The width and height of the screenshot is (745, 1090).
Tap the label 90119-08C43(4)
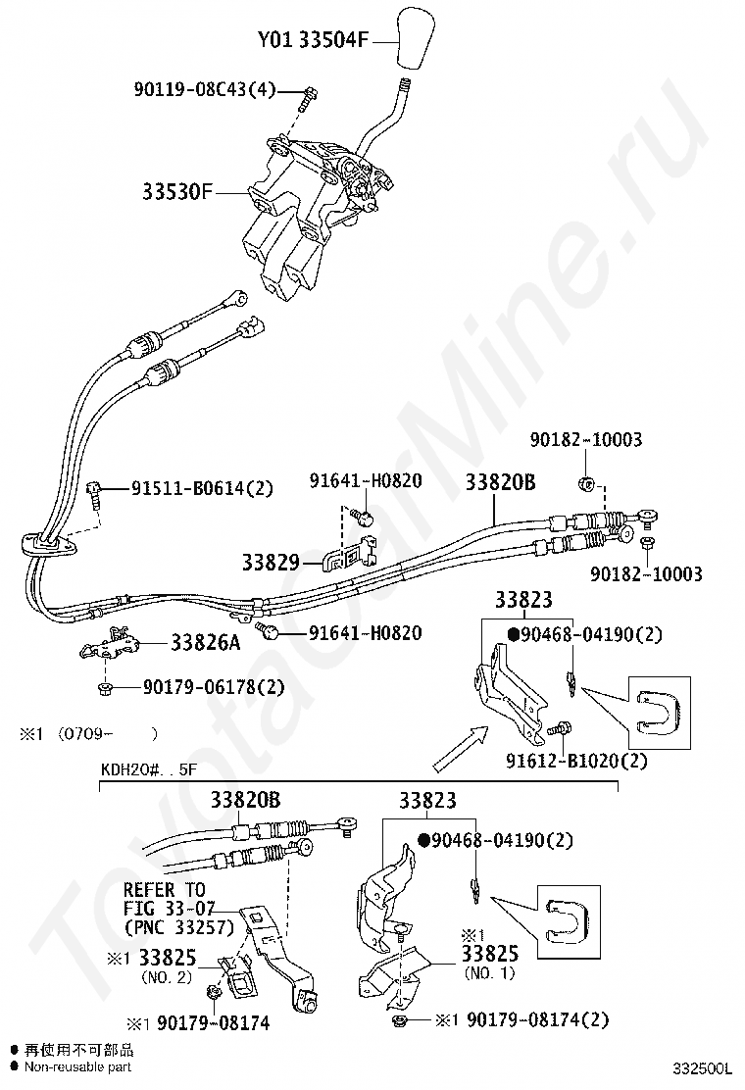pyautogui.click(x=204, y=90)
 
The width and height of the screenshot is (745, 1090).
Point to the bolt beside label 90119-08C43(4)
pyautogui.click(x=308, y=97)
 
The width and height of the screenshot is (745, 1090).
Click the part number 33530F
pyautogui.click(x=174, y=191)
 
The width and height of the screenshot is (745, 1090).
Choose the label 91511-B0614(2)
pyautogui.click(x=203, y=487)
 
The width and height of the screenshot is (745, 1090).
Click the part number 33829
pyautogui.click(x=271, y=563)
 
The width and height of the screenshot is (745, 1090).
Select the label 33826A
pyautogui.click(x=205, y=643)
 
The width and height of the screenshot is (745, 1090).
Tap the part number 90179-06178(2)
pyautogui.click(x=208, y=689)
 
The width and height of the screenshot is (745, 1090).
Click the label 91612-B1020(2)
pyautogui.click(x=576, y=760)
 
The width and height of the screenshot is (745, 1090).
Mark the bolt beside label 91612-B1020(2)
pyautogui.click(x=560, y=729)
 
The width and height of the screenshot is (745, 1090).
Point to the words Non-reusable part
pyautogui.click(x=77, y=1066)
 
